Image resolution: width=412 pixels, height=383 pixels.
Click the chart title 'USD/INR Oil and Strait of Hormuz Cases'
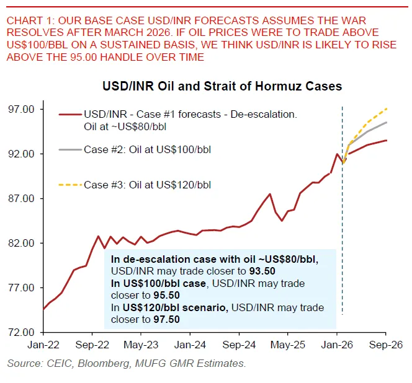coord(222,86)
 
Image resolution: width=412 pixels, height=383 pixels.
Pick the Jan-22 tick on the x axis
coord(43,343)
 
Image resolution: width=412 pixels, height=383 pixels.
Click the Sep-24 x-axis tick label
coord(239,343)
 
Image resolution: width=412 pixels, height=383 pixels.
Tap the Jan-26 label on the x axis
coord(337,343)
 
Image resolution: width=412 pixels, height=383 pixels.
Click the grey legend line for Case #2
coord(69,149)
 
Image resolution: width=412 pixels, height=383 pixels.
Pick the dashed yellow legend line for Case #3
coord(69,185)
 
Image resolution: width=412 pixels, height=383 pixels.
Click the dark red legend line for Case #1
coord(69,115)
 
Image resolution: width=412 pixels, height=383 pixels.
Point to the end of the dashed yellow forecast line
coord(387,109)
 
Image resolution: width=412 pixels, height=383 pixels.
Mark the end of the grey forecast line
coord(387,122)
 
